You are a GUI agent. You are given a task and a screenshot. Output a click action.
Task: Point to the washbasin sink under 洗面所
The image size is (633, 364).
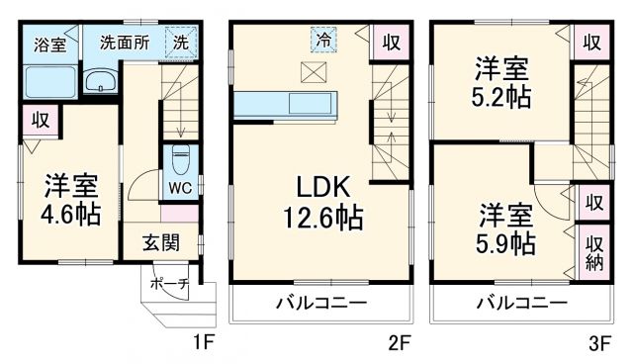pyautogui.click(x=100, y=81)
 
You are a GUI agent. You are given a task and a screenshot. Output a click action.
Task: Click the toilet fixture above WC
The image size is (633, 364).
pyautogui.click(x=180, y=157)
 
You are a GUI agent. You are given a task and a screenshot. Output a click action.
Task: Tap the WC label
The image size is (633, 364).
pyautogui.click(x=180, y=186)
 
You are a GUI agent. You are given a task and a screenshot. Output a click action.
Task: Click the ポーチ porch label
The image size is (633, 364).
pyautogui.click(x=164, y=282)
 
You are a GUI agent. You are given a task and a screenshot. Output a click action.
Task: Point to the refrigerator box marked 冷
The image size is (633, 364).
pyautogui.click(x=323, y=40)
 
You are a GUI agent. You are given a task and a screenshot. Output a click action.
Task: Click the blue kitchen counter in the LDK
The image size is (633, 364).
pyautogui.click(x=287, y=102)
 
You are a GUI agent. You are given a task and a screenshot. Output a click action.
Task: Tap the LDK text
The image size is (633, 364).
pyautogui.click(x=318, y=187)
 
